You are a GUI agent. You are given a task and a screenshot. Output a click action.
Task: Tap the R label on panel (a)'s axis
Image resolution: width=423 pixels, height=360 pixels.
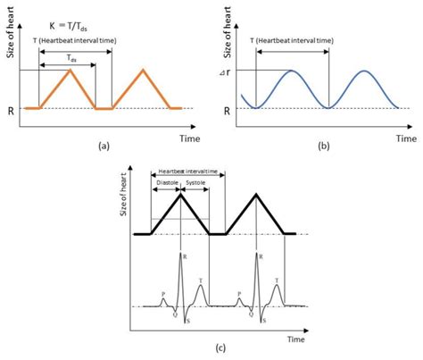click(x=12, y=108)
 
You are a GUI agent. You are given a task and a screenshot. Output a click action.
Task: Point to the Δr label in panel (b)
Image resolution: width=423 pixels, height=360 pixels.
click(x=228, y=70)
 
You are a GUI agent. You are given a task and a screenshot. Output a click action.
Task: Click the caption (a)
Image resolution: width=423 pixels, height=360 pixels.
click(x=105, y=145)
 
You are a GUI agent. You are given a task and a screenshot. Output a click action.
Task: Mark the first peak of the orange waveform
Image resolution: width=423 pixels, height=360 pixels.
click(x=70, y=70)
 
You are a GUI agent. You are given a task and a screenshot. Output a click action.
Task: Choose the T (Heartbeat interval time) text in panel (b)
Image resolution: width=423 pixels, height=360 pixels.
click(x=293, y=41)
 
